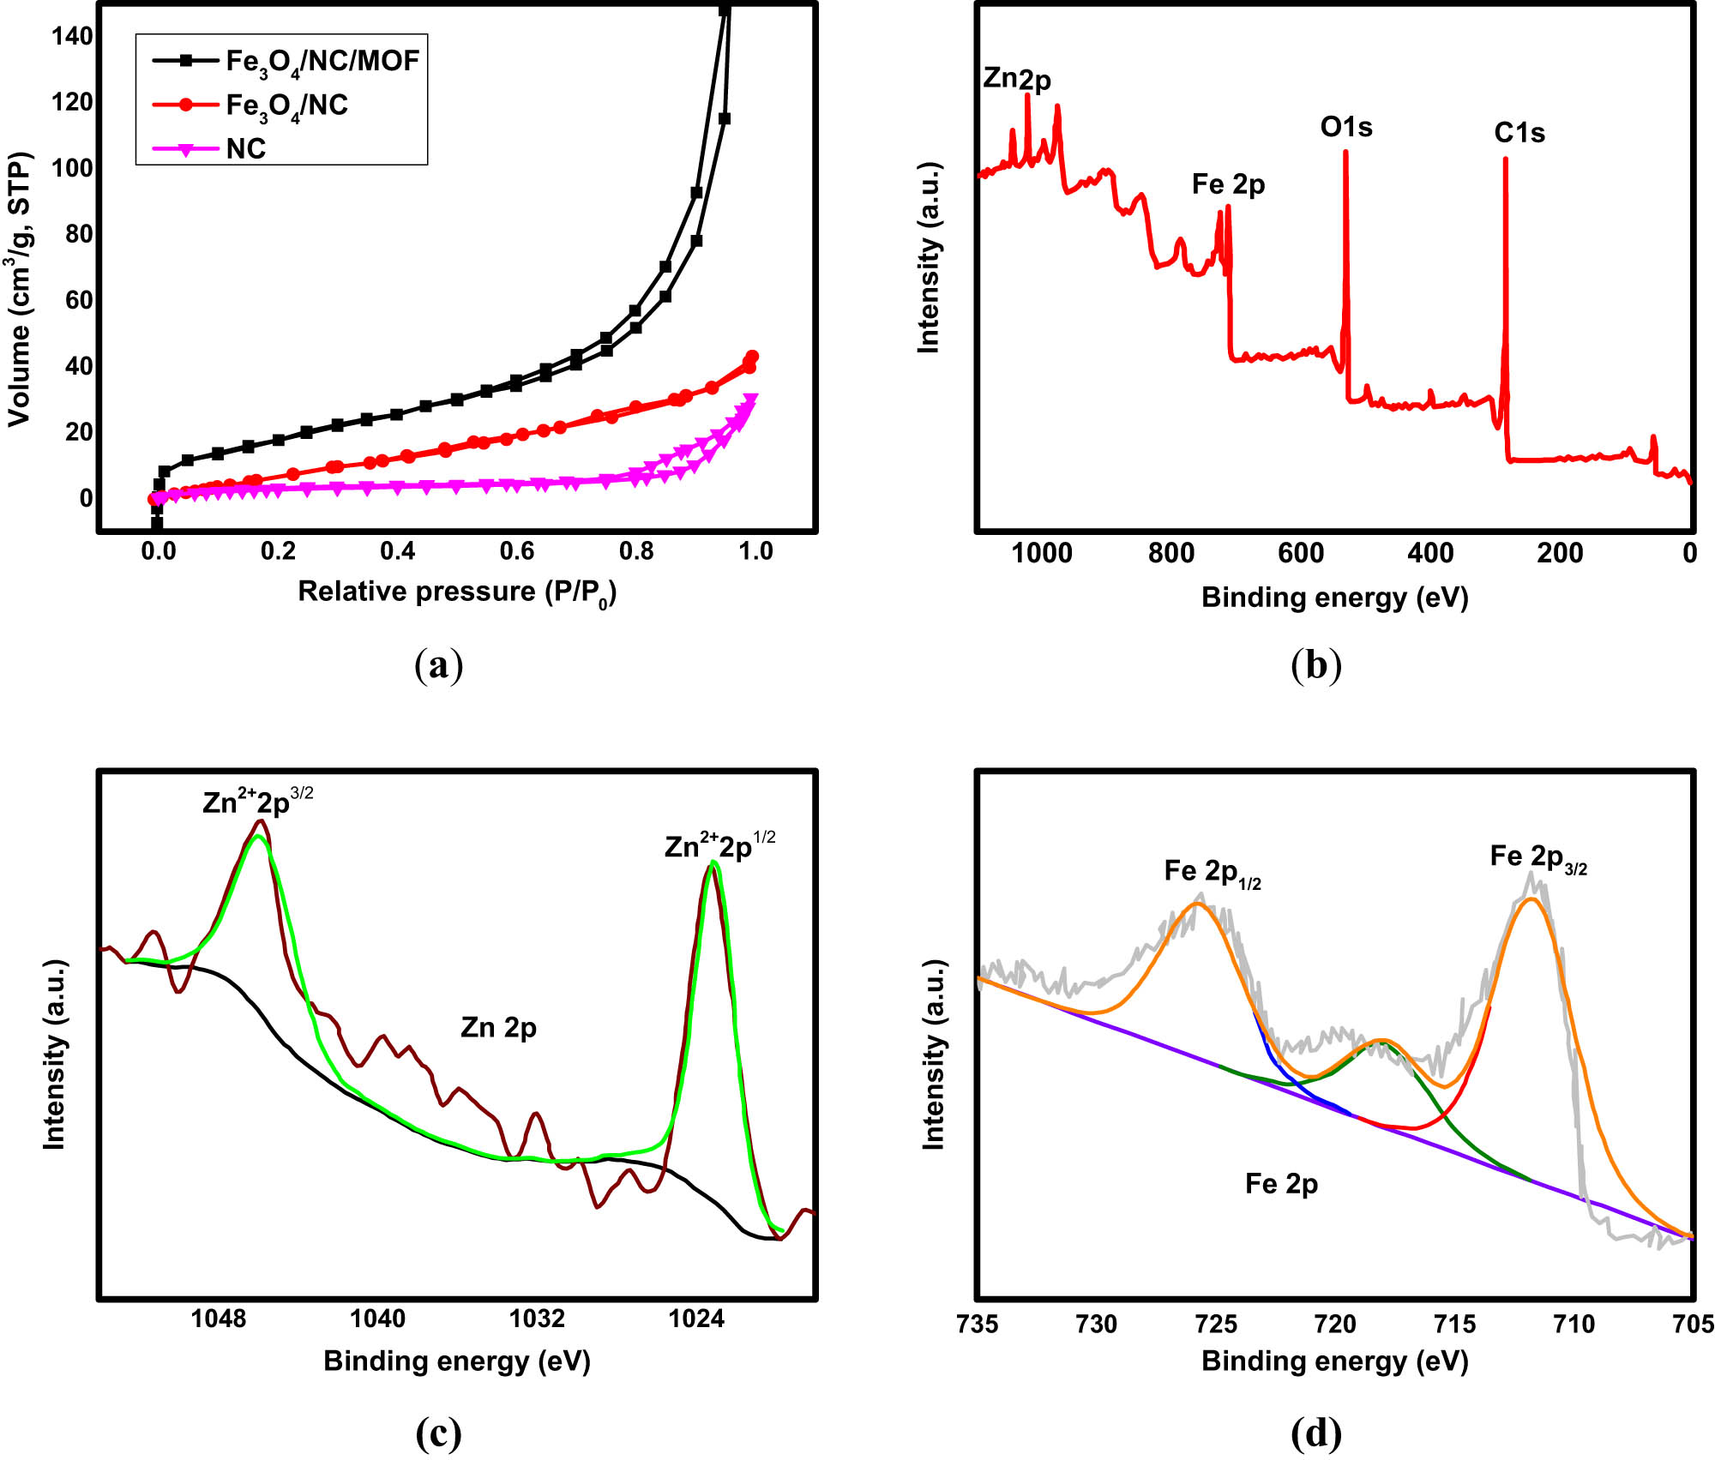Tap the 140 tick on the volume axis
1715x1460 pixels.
pyautogui.click(x=72, y=36)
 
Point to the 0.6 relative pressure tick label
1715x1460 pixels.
pyautogui.click(x=517, y=551)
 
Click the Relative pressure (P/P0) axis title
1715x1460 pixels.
pyautogui.click(x=456, y=592)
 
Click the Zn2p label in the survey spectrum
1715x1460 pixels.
pyautogui.click(x=1016, y=79)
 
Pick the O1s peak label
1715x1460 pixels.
pyautogui.click(x=1346, y=128)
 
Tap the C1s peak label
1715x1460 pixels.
pyautogui.click(x=1519, y=133)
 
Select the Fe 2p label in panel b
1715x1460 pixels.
pyautogui.click(x=1228, y=184)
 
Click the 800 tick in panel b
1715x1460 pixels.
pyautogui.click(x=1171, y=554)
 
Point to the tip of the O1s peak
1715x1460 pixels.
pyautogui.click(x=1345, y=153)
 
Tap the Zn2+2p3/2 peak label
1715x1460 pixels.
pyautogui.click(x=257, y=801)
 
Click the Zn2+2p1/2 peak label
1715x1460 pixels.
pyautogui.click(x=719, y=846)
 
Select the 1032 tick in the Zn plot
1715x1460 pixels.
pyautogui.click(x=537, y=1318)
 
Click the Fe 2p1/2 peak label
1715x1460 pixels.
pyautogui.click(x=1212, y=873)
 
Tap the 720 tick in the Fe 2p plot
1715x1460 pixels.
pyautogui.click(x=1335, y=1325)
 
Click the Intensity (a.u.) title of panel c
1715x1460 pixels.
pyautogui.click(x=55, y=1054)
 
